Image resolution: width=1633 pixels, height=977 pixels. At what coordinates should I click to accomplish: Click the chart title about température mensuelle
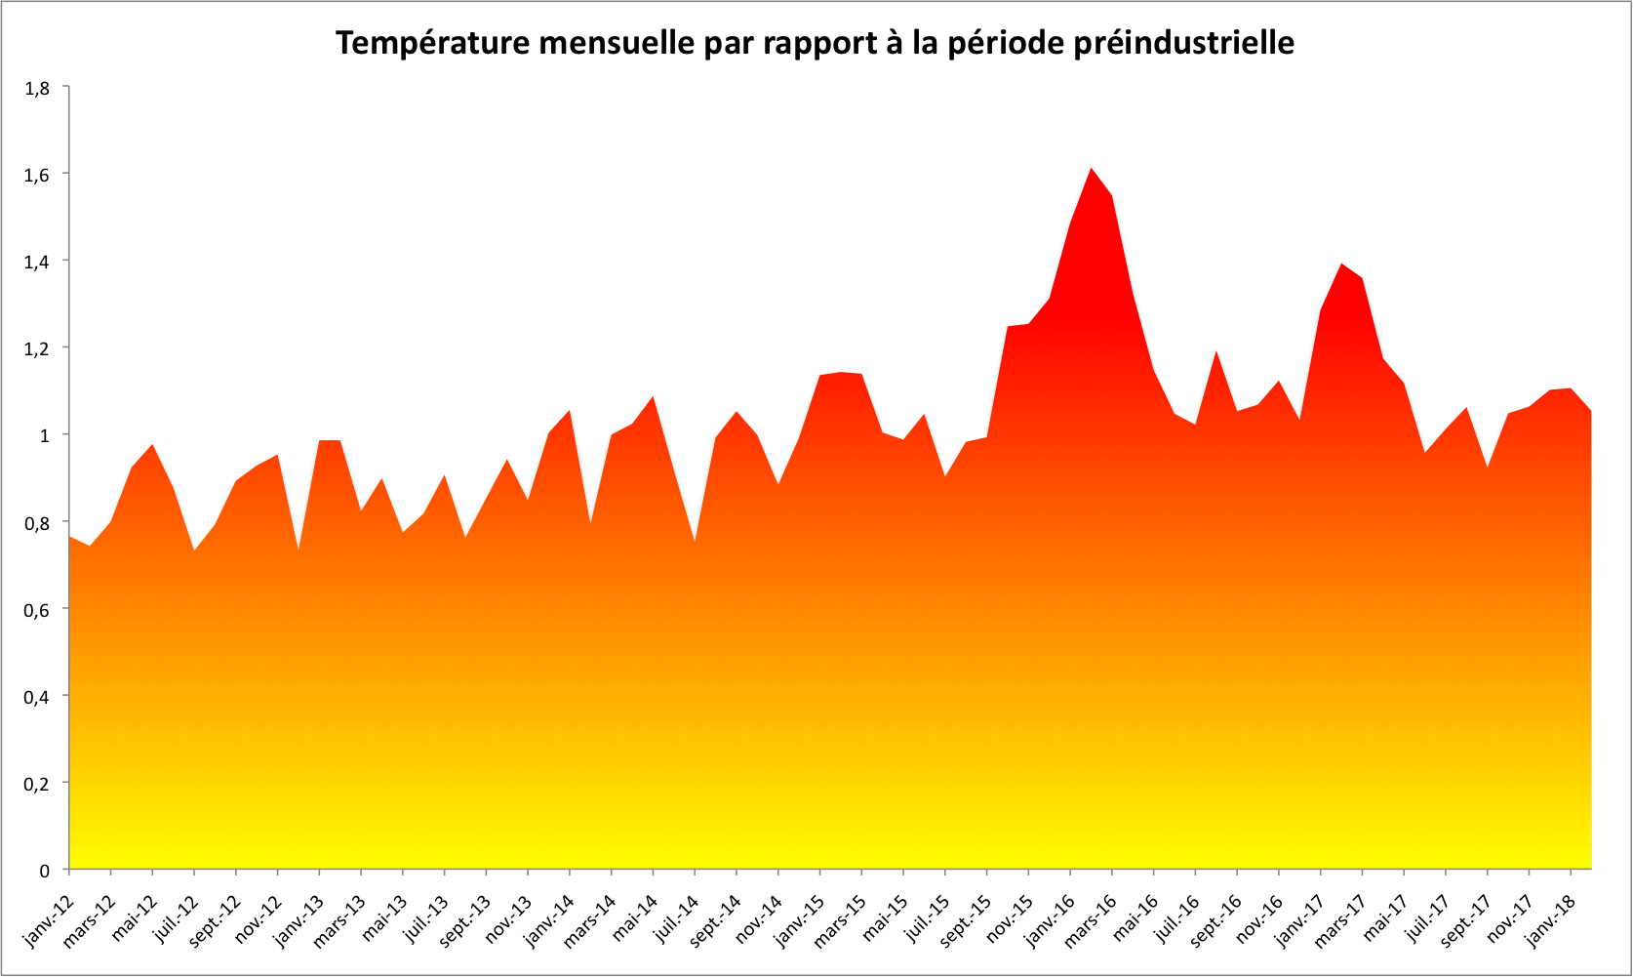[815, 43]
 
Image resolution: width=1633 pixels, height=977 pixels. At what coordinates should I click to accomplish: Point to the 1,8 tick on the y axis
[38, 88]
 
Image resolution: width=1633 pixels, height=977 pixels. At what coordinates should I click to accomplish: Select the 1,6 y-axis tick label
[38, 175]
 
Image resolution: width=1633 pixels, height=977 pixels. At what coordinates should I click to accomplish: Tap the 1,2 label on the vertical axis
[38, 348]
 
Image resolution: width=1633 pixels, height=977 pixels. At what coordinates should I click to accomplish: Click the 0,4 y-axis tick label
[38, 696]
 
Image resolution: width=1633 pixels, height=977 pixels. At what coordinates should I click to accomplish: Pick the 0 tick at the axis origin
[44, 870]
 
